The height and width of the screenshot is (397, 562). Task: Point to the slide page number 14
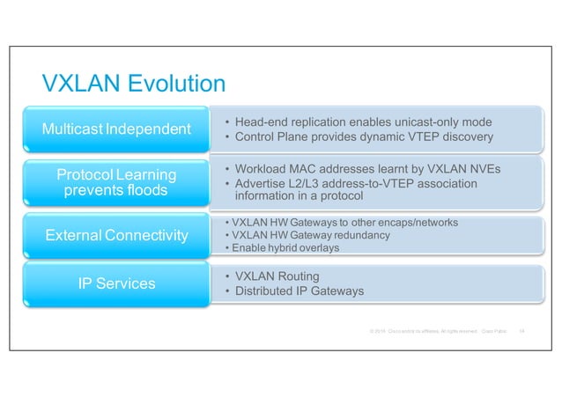[x=521, y=331]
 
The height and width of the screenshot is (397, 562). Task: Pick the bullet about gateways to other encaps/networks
[x=340, y=223]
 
